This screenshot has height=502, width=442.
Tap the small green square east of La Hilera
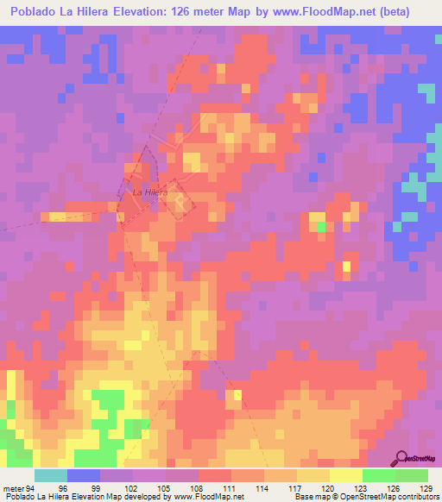(x=321, y=227)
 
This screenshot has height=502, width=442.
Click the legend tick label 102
(x=132, y=488)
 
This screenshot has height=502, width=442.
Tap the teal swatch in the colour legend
(x=50, y=475)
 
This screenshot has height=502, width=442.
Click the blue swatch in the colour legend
(x=83, y=475)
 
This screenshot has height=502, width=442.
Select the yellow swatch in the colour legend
(x=345, y=475)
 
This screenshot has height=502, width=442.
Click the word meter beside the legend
(x=13, y=488)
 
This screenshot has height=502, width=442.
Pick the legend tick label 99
(x=99, y=488)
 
